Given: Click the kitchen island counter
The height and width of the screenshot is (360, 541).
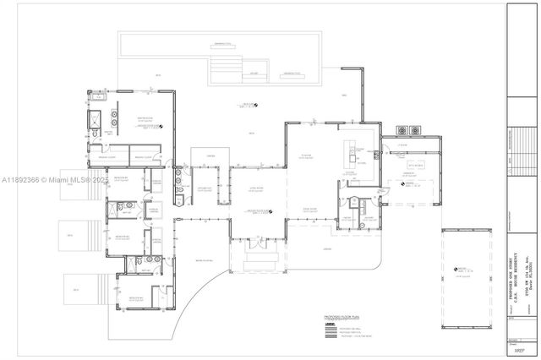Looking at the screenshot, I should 349,153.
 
